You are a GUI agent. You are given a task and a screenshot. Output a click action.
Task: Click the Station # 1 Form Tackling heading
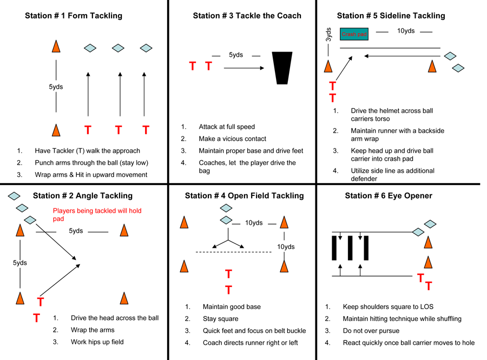tap(74, 16)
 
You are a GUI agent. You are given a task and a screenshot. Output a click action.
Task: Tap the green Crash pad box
tap(354, 34)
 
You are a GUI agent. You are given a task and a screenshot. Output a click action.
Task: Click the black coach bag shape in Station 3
tap(282, 68)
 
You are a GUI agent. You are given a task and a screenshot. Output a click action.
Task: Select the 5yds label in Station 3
tap(236, 55)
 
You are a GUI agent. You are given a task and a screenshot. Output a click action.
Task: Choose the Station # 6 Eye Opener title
tap(389, 195)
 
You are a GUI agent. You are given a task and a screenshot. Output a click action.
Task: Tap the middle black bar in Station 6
tap(351, 247)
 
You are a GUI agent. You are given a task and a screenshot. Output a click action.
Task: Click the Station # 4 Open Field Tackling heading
tap(244, 195)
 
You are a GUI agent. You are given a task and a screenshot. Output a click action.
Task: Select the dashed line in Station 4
tap(233, 252)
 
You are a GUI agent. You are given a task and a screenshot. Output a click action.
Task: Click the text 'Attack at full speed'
tap(227, 127)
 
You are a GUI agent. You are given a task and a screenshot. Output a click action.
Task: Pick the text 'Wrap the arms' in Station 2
tap(93, 330)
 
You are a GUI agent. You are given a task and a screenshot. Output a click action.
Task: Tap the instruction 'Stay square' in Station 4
tap(220, 319)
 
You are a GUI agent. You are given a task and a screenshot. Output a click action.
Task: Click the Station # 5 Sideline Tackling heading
tap(391, 16)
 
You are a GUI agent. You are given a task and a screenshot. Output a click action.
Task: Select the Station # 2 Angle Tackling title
tap(82, 195)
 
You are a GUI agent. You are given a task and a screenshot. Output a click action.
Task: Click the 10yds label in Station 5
tap(406, 31)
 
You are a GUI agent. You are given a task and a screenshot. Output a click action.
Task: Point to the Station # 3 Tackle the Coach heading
tap(247, 16)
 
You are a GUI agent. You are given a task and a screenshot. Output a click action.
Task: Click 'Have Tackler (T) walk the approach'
tap(87, 150)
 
